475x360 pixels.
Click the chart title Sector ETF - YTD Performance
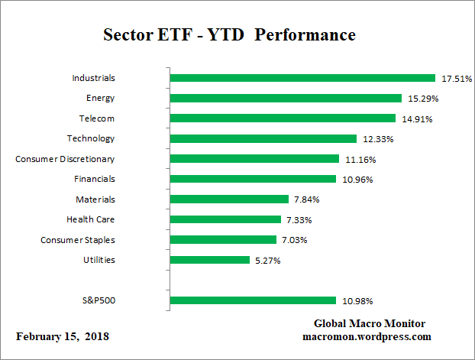coord(229,35)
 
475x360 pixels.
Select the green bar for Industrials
coord(302,78)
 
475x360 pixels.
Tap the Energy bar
coord(286,98)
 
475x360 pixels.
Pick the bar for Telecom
coord(283,118)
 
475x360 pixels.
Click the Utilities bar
coord(210,260)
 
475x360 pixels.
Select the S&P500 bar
coord(253,300)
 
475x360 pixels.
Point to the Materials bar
coord(228,199)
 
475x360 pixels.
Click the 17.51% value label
coord(455,79)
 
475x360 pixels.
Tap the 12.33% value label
coord(377,139)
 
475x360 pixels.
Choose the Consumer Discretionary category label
coord(65,159)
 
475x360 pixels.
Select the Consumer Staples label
coord(77,240)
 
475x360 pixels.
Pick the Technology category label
coord(90,138)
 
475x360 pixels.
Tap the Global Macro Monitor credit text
coord(370,323)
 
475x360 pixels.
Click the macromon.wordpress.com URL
coord(367,336)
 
